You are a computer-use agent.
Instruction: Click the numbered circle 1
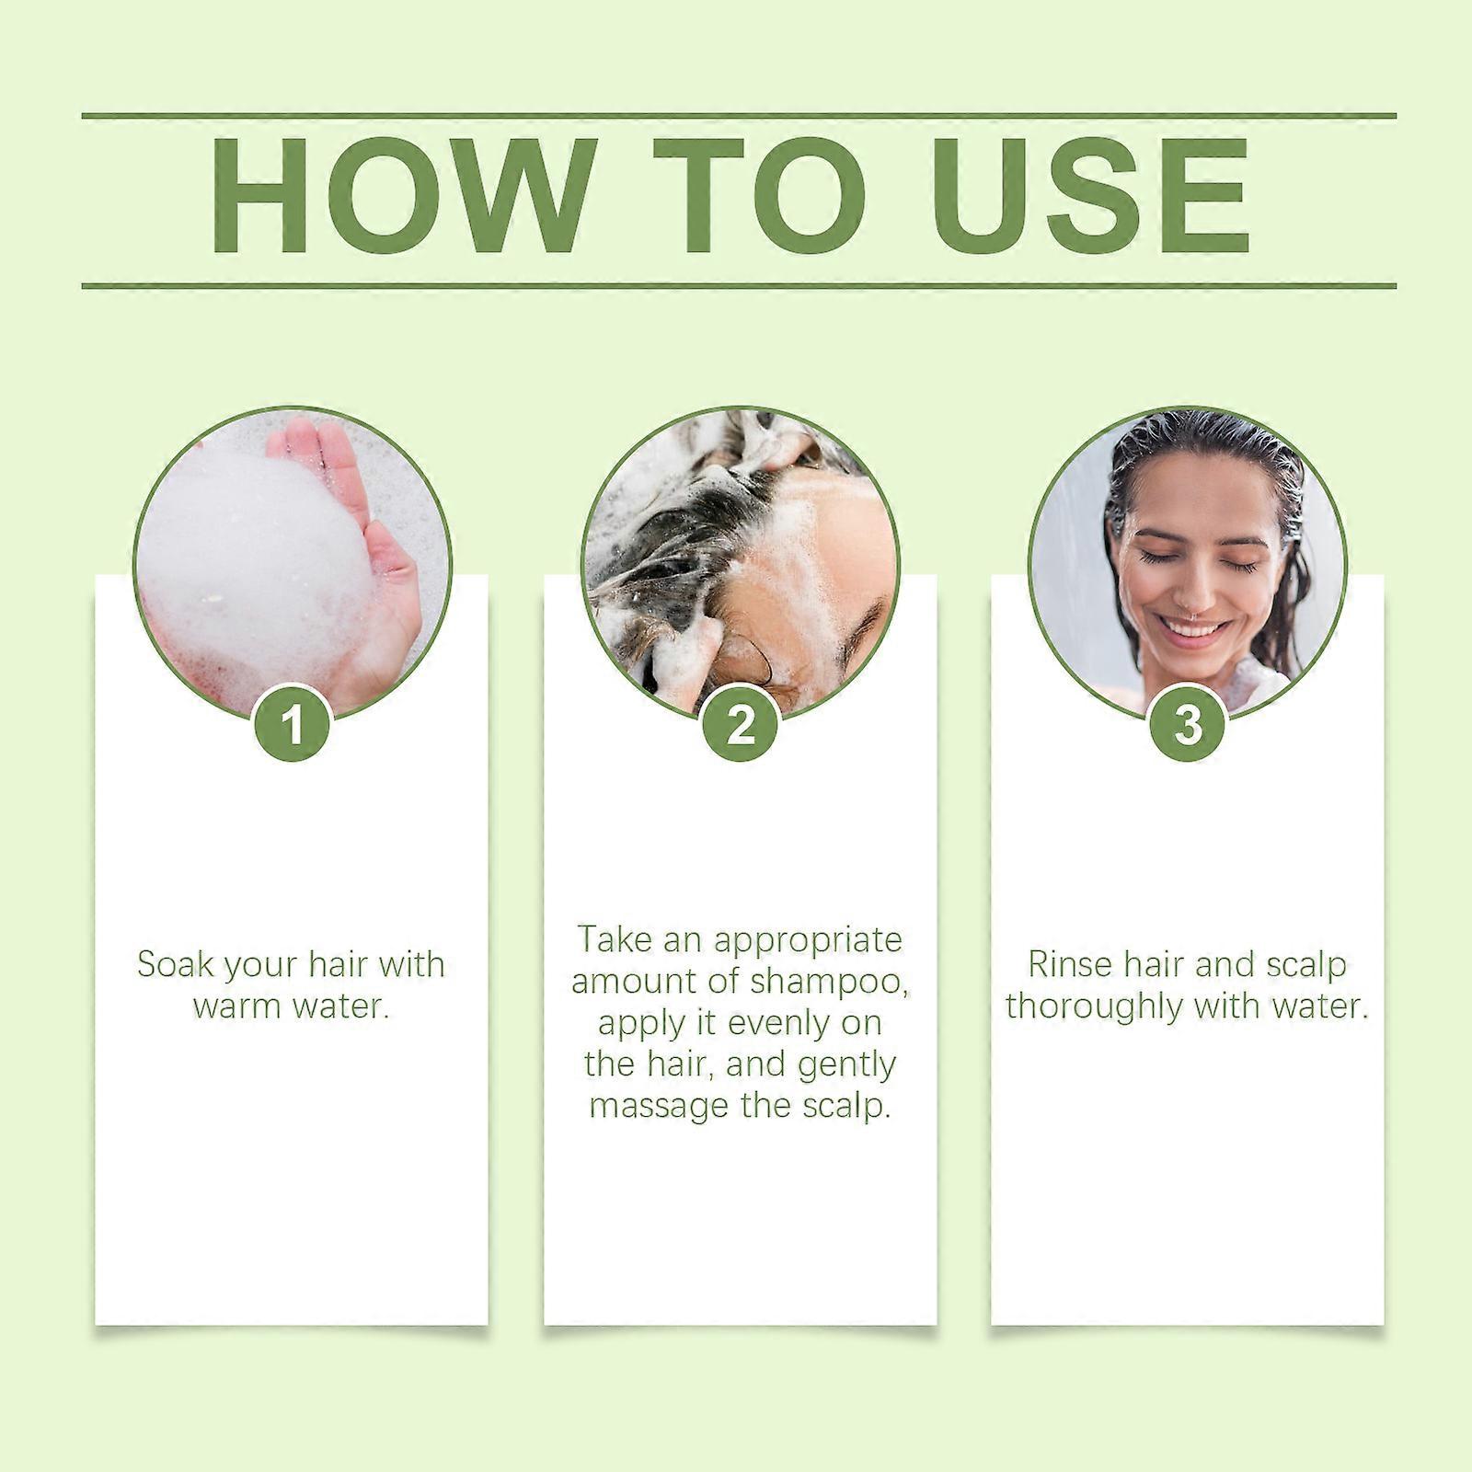[293, 724]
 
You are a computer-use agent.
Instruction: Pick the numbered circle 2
[741, 724]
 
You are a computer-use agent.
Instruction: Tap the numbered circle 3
[1188, 724]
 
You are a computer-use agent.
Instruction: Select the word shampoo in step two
[830, 981]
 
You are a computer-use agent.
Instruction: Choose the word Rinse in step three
[1071, 964]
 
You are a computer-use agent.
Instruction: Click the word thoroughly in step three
[1095, 1006]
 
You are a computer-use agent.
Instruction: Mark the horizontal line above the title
[739, 116]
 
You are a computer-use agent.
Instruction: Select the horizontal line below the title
[739, 285]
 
